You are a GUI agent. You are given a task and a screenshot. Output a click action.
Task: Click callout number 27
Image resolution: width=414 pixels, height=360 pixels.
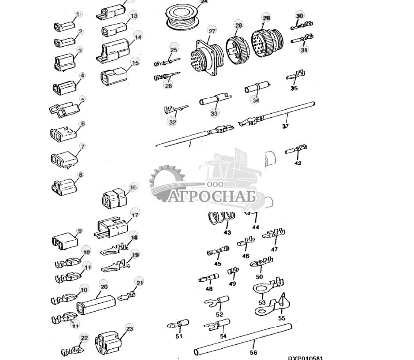coord(212,31)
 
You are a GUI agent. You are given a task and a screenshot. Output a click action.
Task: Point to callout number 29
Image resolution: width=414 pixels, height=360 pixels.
coord(266,18)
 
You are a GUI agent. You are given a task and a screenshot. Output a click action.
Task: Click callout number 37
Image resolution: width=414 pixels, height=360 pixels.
coord(285,126)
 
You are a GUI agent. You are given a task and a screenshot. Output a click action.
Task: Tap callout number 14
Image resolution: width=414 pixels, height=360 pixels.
coord(138,37)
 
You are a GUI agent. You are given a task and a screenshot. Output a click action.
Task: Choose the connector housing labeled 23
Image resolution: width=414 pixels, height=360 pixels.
coord(108,340)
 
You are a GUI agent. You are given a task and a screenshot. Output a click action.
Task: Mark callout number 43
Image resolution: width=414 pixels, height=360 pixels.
coord(227,232)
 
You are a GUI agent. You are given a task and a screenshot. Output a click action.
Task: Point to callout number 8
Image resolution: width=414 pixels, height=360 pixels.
coord(81,174)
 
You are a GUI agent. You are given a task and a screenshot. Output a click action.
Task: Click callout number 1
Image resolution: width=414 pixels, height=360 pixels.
coord(79,14)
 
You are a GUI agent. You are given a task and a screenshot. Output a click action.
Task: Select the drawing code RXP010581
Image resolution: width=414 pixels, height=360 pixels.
coord(306,358)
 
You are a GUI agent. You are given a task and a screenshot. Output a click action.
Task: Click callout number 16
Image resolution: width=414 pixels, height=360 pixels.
coord(133,187)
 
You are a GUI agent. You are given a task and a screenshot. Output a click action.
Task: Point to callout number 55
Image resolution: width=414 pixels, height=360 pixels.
coord(282,318)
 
